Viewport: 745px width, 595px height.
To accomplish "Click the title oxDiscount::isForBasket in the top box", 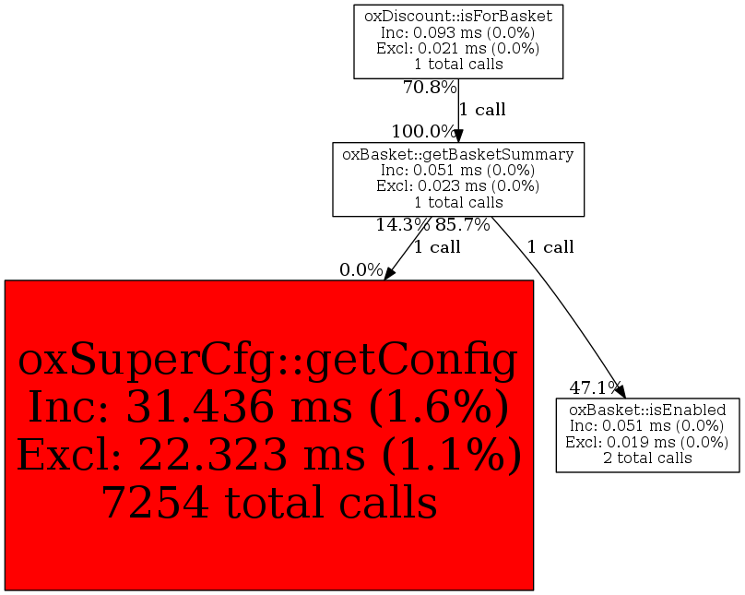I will click(x=458, y=15).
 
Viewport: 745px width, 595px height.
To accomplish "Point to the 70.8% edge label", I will click(x=430, y=88).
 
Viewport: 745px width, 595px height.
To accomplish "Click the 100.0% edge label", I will click(x=423, y=131).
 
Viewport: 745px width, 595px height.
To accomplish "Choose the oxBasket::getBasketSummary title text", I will click(x=458, y=154).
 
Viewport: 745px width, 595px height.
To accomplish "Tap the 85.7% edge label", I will click(x=463, y=224).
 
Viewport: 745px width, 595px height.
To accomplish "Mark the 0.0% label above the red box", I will click(x=361, y=270).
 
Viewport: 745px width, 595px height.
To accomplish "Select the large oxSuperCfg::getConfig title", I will click(x=268, y=363).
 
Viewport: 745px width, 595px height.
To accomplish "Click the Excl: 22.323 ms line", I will click(x=268, y=455).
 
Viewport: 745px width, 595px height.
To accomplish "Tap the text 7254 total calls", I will click(x=268, y=503).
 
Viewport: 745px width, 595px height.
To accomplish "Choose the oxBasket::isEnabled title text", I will click(x=647, y=410).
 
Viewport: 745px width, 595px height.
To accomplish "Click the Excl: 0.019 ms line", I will click(x=647, y=442).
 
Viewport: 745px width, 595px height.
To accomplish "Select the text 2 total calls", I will click(x=647, y=458).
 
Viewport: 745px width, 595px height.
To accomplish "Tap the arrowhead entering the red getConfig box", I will click(x=390, y=272).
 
